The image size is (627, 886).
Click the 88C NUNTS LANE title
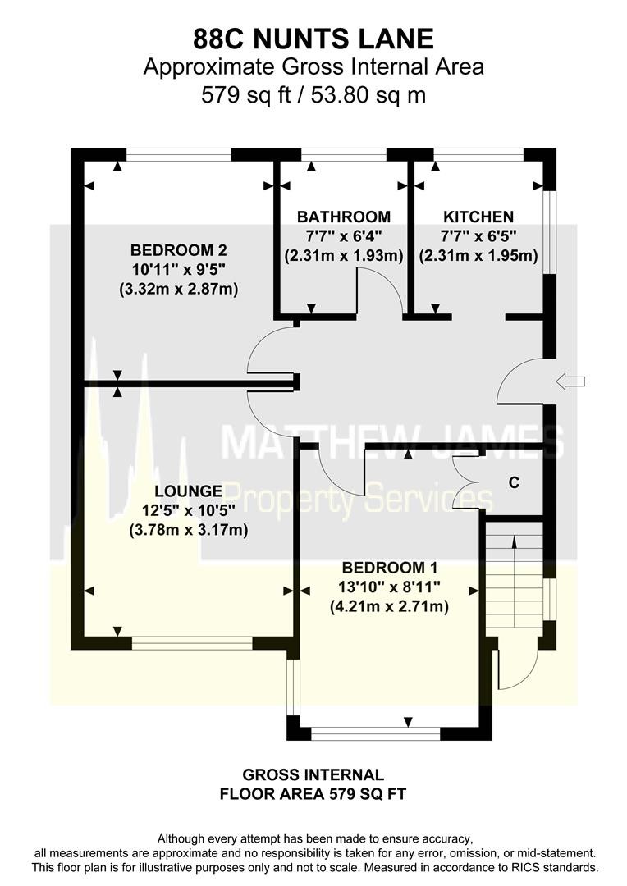[x=313, y=39]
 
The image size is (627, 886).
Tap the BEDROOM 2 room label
[x=179, y=249]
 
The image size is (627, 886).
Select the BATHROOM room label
[x=344, y=217]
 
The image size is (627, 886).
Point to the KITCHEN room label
[x=478, y=217]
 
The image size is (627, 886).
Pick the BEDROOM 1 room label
[x=390, y=568]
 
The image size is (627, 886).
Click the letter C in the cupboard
[x=514, y=482]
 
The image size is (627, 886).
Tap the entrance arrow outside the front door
[x=570, y=381]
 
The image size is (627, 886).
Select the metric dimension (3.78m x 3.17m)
[x=188, y=531]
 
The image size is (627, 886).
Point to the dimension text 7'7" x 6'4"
[x=344, y=235]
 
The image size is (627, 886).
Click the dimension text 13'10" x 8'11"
[x=390, y=587]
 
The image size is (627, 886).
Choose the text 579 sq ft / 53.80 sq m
[x=313, y=94]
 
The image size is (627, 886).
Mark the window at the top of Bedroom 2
[x=179, y=154]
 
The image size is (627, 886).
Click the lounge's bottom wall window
[x=192, y=643]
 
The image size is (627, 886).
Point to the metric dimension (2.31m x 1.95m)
[x=478, y=255]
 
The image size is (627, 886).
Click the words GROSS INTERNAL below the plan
[x=313, y=774]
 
